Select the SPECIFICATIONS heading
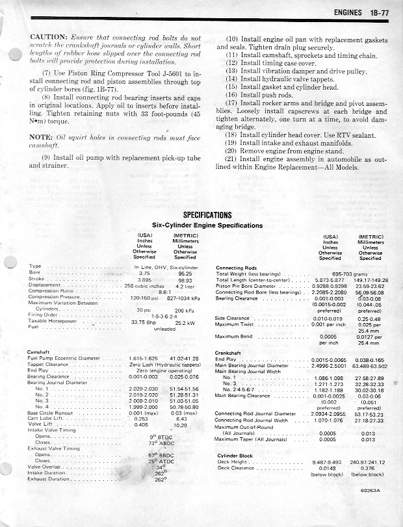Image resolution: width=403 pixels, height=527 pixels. tap(208, 216)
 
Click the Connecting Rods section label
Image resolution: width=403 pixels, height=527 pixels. tap(238, 267)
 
